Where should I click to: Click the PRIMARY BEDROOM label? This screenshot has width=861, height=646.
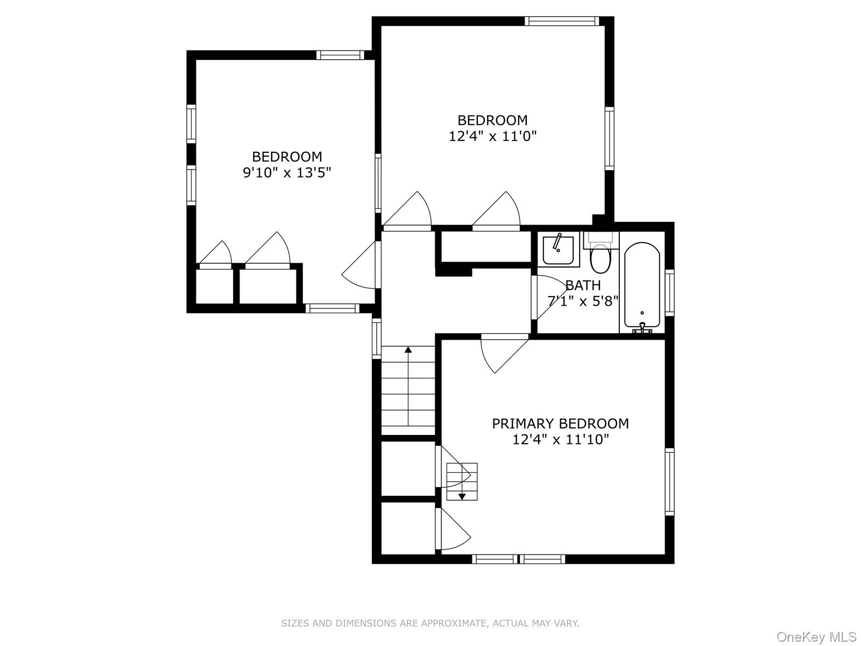click(560, 424)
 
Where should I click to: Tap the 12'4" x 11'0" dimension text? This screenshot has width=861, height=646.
click(492, 136)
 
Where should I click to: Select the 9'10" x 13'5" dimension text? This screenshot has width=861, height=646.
click(287, 173)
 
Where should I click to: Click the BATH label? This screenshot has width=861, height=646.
click(583, 285)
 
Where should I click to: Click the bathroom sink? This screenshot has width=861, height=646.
click(558, 250)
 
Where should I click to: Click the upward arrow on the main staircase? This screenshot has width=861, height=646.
click(408, 350)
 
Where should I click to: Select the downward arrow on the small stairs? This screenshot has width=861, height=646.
click(462, 496)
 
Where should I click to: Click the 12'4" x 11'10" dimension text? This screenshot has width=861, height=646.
click(560, 440)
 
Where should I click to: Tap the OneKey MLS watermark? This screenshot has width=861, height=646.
click(816, 637)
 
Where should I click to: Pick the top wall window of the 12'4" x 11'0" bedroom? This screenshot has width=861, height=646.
click(561, 22)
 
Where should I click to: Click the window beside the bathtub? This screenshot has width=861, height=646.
click(669, 292)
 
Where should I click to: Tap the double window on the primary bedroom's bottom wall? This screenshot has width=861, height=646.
click(518, 559)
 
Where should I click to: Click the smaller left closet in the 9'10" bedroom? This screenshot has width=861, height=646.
click(214, 286)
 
